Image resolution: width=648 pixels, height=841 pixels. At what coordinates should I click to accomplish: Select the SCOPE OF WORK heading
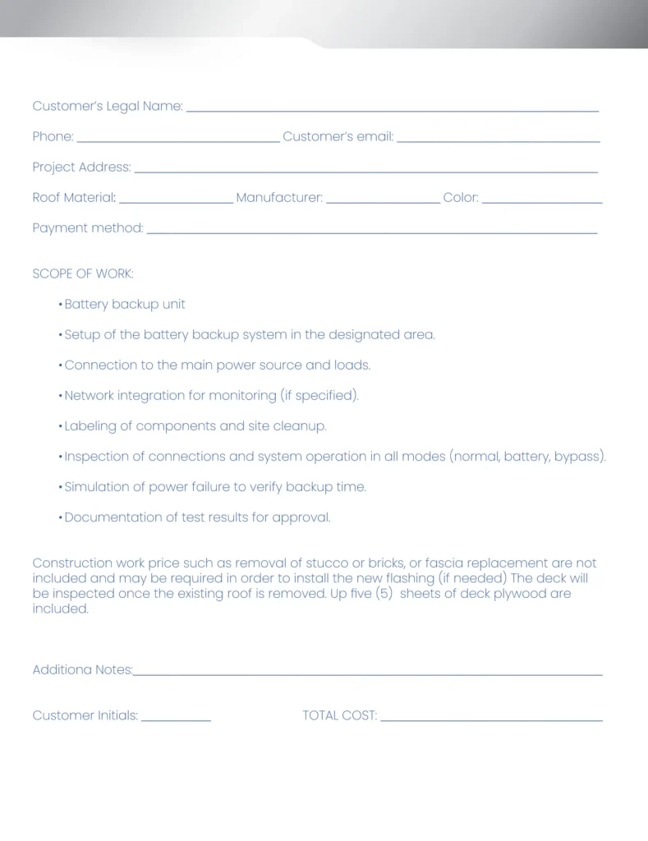[83, 273]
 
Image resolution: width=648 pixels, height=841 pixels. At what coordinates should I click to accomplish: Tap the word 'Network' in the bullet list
[89, 395]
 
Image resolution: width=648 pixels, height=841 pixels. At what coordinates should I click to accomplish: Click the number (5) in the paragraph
[384, 594]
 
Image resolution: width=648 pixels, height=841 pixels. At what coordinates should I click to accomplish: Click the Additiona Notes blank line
[367, 673]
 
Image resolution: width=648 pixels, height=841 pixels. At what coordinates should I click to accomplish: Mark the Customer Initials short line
[176, 719]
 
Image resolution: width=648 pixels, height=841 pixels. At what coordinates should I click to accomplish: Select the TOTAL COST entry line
[491, 719]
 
